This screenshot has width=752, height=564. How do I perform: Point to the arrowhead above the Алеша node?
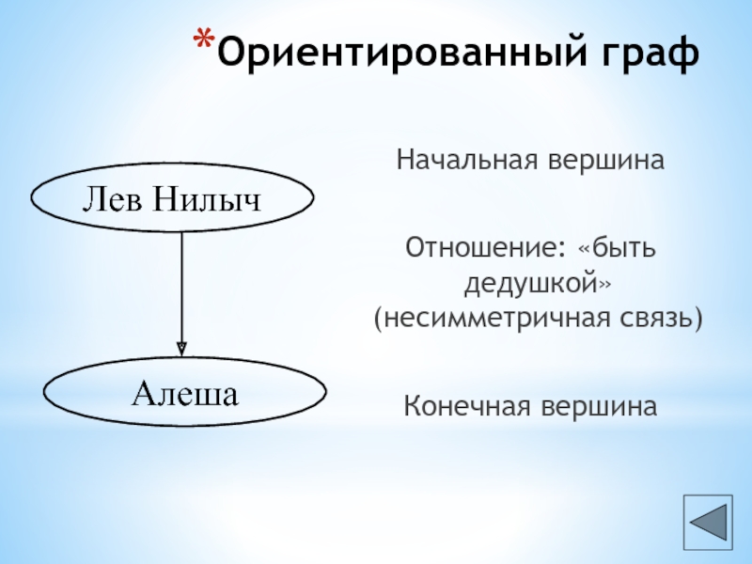181,347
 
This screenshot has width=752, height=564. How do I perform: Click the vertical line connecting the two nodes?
181,282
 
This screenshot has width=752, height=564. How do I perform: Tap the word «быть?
618,250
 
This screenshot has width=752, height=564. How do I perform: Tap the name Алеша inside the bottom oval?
184,392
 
